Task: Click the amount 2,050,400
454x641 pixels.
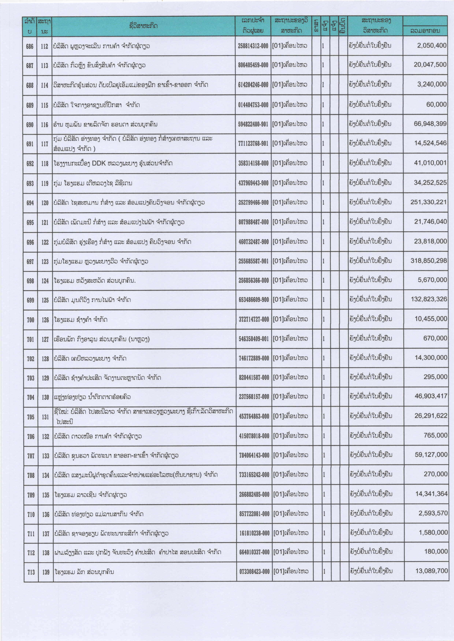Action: click(x=432, y=46)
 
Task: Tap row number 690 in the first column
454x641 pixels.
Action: click(x=30, y=124)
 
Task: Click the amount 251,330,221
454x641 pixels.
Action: click(x=429, y=202)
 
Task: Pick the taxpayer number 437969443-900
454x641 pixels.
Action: click(x=253, y=183)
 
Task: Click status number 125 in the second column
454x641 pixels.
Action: click(x=45, y=300)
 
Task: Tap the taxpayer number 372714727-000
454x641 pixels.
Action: click(x=254, y=319)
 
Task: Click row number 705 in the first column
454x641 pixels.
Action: click(x=30, y=417)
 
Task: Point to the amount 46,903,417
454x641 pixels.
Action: click(x=431, y=396)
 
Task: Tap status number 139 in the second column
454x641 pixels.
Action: click(x=46, y=572)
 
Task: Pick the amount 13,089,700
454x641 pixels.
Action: click(x=431, y=571)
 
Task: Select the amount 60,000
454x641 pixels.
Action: click(x=436, y=104)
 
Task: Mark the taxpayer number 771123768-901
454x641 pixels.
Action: click(x=253, y=143)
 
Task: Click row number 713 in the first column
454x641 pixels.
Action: click(x=31, y=572)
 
